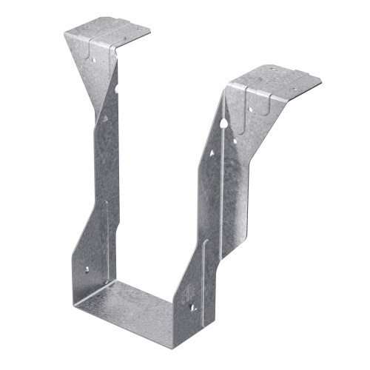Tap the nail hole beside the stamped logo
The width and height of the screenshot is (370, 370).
[194, 303]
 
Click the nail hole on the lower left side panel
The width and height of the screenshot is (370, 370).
[87, 271]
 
